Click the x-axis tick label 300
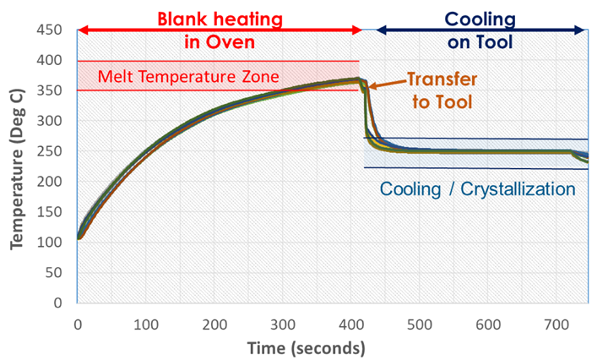[x=285, y=322]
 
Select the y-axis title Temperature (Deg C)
[x=16, y=165]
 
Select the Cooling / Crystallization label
[x=477, y=188]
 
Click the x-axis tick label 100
[x=147, y=322]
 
